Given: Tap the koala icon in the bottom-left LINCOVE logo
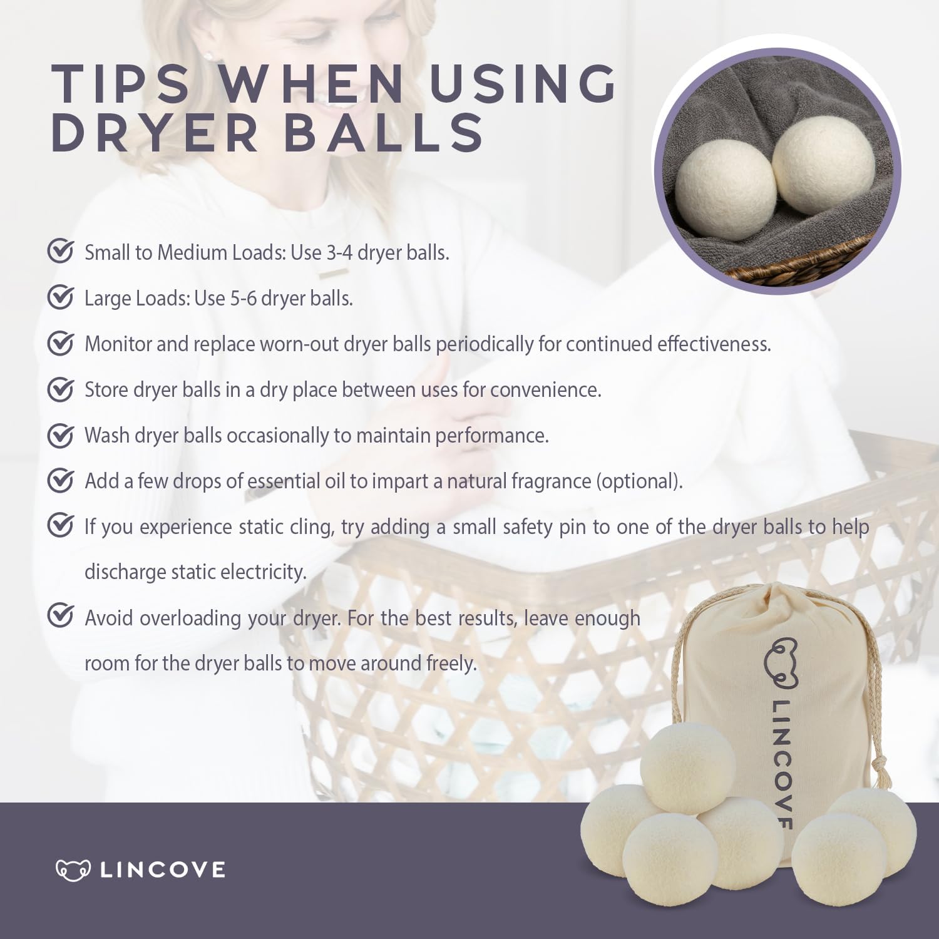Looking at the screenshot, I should click(x=73, y=870).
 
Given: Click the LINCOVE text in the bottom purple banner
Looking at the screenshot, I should click(x=163, y=870).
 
